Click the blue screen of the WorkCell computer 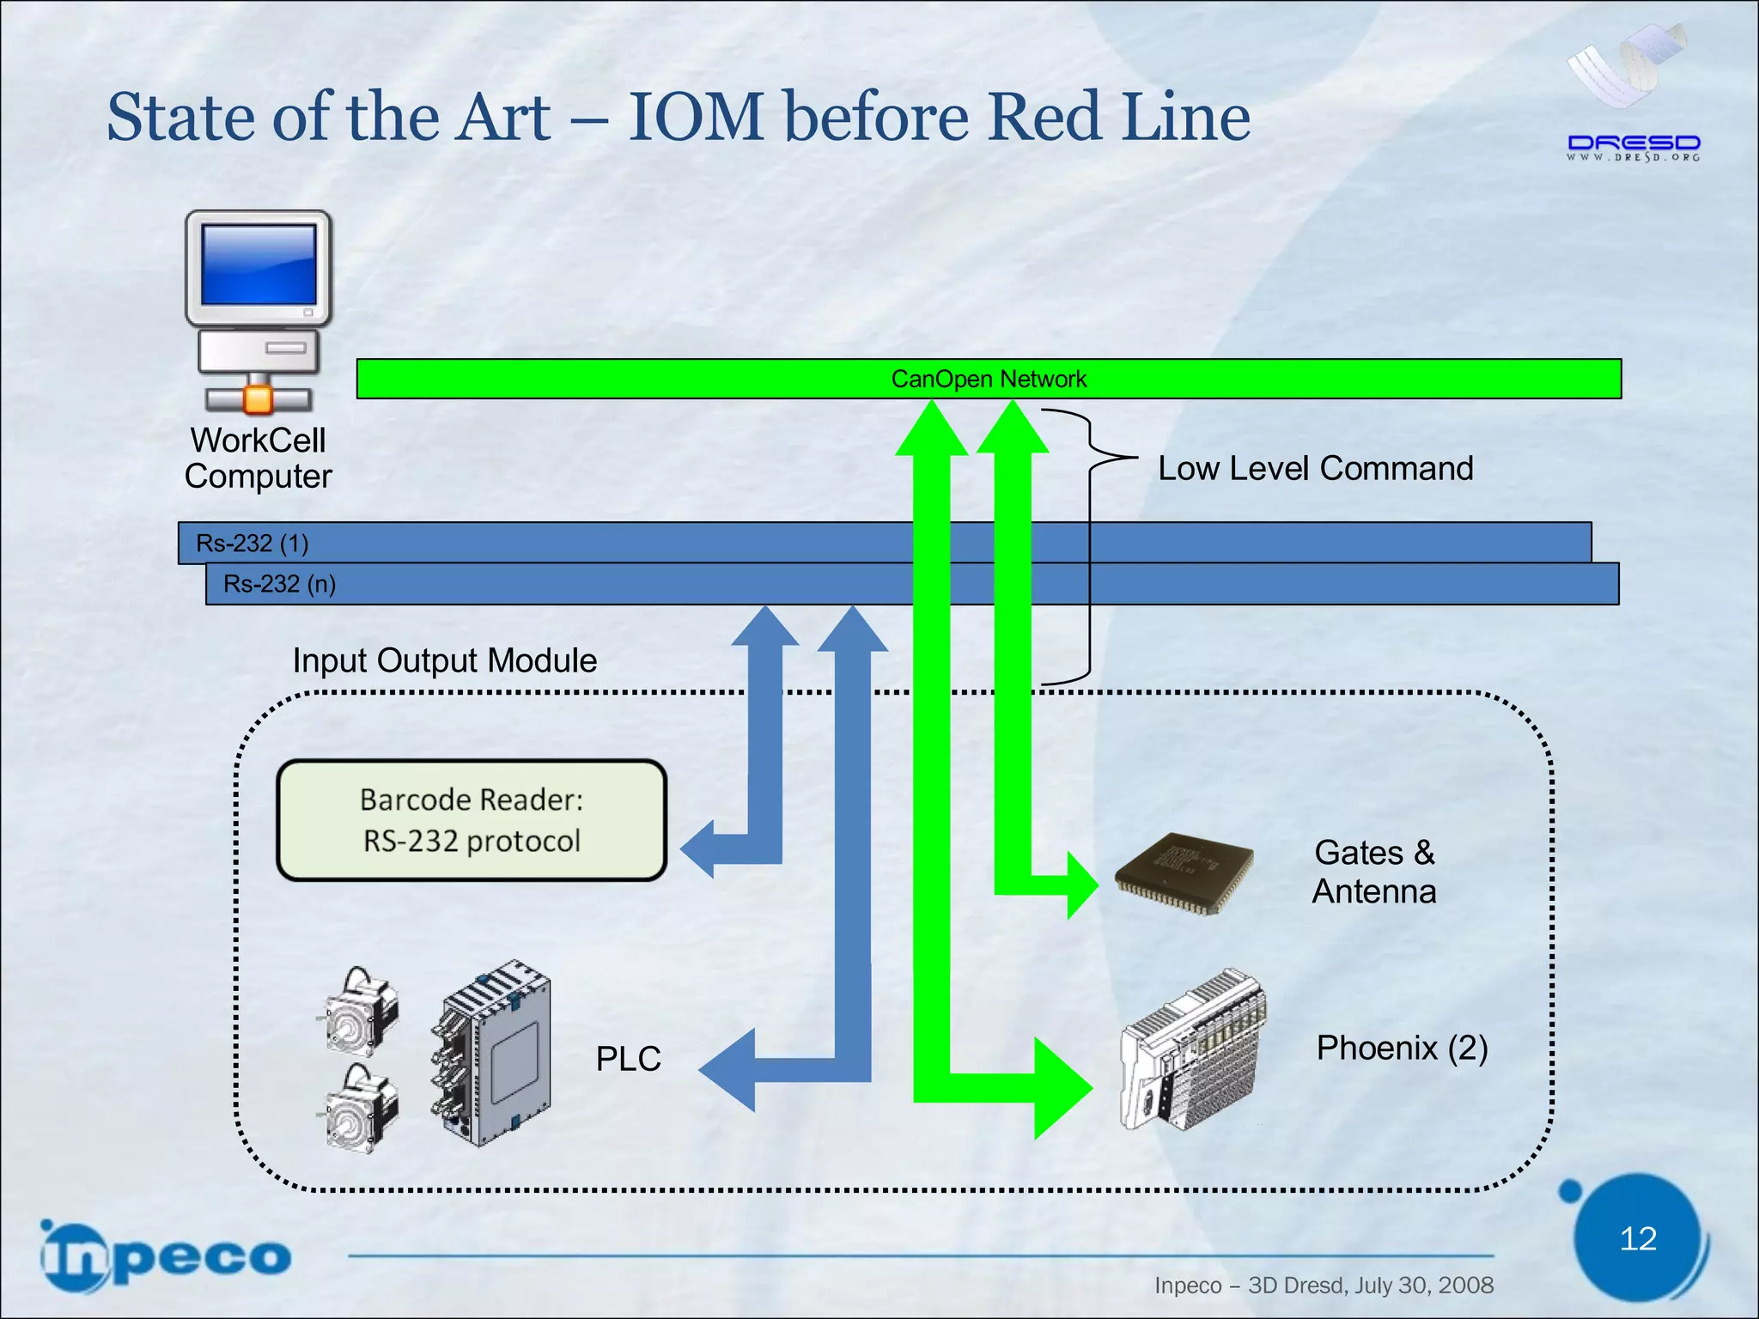point(258,264)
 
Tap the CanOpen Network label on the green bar point(988,379)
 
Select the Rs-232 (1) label point(252,543)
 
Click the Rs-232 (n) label point(279,584)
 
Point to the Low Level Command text point(1314,469)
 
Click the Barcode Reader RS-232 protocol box point(472,820)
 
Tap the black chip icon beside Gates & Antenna point(1184,874)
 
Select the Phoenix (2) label point(1402,1048)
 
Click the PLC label point(629,1059)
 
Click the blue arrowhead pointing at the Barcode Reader point(700,848)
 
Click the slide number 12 point(1637,1238)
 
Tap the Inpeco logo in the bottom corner point(165,1257)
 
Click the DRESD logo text point(1633,143)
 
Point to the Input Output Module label point(444,660)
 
